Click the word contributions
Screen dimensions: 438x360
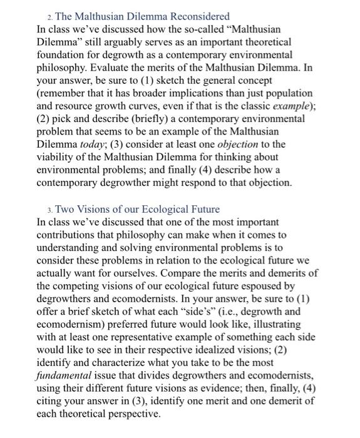[x=67, y=235]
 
